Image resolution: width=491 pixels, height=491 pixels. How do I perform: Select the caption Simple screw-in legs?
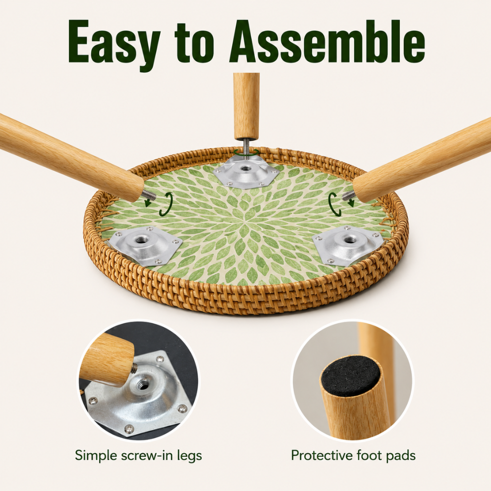pos(138,456)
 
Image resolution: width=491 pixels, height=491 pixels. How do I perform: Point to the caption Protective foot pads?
pos(353,455)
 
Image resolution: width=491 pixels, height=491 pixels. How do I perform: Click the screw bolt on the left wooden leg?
pos(149,195)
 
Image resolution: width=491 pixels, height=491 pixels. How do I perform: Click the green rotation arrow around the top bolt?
pos(246,152)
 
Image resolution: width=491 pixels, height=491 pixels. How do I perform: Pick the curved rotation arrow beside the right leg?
pos(334,204)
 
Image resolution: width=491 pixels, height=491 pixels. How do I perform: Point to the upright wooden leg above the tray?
pos(246,105)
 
